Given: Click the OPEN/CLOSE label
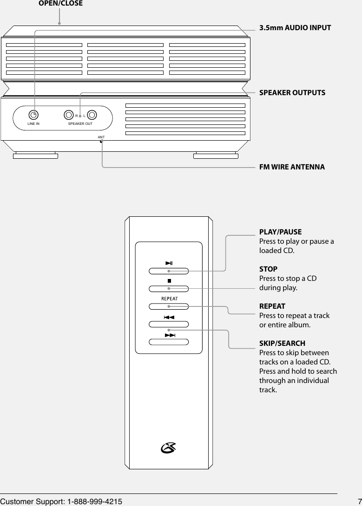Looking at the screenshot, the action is (60, 4).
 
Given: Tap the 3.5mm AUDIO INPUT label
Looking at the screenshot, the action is (295, 28).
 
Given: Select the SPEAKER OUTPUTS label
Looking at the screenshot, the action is (292, 92).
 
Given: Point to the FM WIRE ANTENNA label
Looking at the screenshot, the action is (292, 167).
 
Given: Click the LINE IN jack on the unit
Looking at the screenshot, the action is (33, 114).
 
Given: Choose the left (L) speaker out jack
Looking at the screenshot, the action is (91, 114).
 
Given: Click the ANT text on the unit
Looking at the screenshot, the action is (101, 138).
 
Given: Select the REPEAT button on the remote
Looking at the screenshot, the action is (169, 306).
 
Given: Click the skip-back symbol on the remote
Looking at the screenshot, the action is (169, 318).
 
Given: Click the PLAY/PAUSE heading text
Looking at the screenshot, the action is (280, 232).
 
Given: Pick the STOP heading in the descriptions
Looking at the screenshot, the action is (268, 269).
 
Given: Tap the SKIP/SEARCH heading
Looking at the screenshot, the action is (282, 344).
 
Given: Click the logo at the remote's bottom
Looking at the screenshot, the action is (169, 448).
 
